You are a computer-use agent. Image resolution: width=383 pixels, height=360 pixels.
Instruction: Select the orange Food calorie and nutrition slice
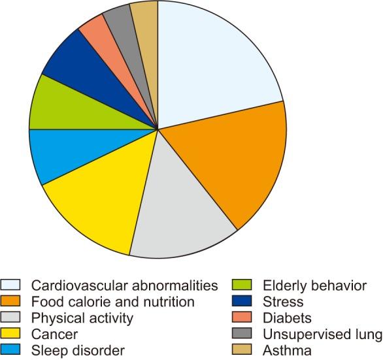pos(235,163)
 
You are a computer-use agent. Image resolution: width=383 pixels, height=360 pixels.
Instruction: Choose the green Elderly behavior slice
pos(59,105)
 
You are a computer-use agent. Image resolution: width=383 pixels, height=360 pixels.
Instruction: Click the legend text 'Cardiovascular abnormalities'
pos(124,286)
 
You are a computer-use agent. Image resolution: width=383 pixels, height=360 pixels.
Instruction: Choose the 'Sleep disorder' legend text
pos(78,351)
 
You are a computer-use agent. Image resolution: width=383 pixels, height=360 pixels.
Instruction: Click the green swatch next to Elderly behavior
pos(242,286)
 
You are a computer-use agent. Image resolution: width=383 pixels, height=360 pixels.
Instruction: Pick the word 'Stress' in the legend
pos(283,302)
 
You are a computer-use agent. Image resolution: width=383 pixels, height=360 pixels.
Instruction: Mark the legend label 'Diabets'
pos(286,318)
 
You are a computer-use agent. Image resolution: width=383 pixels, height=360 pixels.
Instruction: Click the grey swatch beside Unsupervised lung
pos(242,335)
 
